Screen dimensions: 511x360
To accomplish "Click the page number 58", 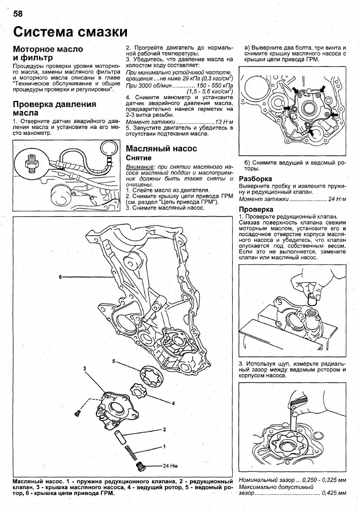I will tap(17, 14).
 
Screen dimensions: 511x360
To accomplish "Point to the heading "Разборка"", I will tap(256, 179).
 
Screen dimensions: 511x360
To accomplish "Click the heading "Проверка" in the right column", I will tap(256, 209).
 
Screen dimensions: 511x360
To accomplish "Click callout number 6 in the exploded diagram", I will tap(61, 277).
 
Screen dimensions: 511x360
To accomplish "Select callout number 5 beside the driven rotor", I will tap(113, 361).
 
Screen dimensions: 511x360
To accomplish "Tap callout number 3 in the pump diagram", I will tap(85, 368).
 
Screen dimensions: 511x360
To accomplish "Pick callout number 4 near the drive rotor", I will tap(173, 403).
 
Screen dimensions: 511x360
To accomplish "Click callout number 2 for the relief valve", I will tap(164, 429).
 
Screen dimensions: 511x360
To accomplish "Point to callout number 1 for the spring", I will tap(164, 447).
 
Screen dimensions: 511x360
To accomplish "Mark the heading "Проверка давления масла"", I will tap(54, 108).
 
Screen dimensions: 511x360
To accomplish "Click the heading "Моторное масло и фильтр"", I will tap(48, 53).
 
